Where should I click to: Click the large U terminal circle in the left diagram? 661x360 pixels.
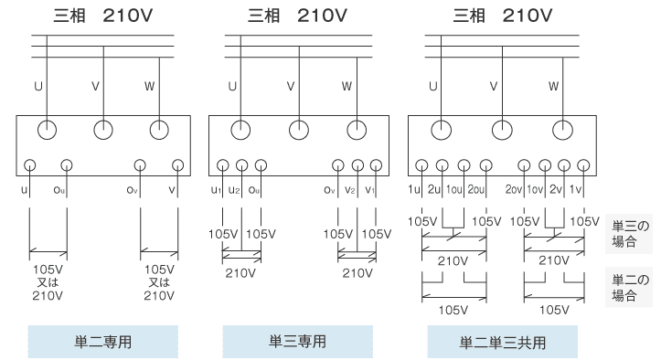[48, 128]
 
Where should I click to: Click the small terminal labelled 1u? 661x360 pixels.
[421, 166]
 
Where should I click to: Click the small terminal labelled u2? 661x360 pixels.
[241, 166]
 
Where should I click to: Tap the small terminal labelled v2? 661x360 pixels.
[354, 166]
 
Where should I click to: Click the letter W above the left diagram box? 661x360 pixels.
[150, 87]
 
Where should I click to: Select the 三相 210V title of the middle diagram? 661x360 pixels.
[297, 15]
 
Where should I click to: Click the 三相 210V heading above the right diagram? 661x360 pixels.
[502, 15]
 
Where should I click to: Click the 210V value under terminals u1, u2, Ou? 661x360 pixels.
[241, 272]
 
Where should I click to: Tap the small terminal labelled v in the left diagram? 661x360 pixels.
[176, 166]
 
